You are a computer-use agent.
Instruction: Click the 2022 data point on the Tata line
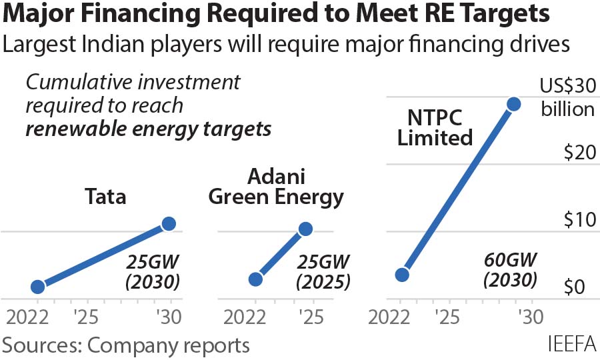click(38, 287)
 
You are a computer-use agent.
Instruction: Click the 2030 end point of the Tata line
click(169, 224)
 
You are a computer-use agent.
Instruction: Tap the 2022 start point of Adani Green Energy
click(255, 279)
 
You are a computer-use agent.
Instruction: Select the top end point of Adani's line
click(305, 229)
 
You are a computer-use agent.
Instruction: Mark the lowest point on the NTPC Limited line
click(401, 275)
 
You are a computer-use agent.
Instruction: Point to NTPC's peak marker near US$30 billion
click(513, 104)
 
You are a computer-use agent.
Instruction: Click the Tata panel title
click(105, 197)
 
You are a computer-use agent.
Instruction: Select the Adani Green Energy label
click(276, 187)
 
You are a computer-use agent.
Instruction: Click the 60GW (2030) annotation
click(511, 269)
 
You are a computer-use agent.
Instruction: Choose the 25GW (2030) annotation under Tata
click(153, 272)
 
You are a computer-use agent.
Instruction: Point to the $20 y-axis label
click(578, 153)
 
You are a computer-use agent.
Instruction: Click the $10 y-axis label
click(578, 220)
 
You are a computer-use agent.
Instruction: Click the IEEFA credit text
click(571, 345)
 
